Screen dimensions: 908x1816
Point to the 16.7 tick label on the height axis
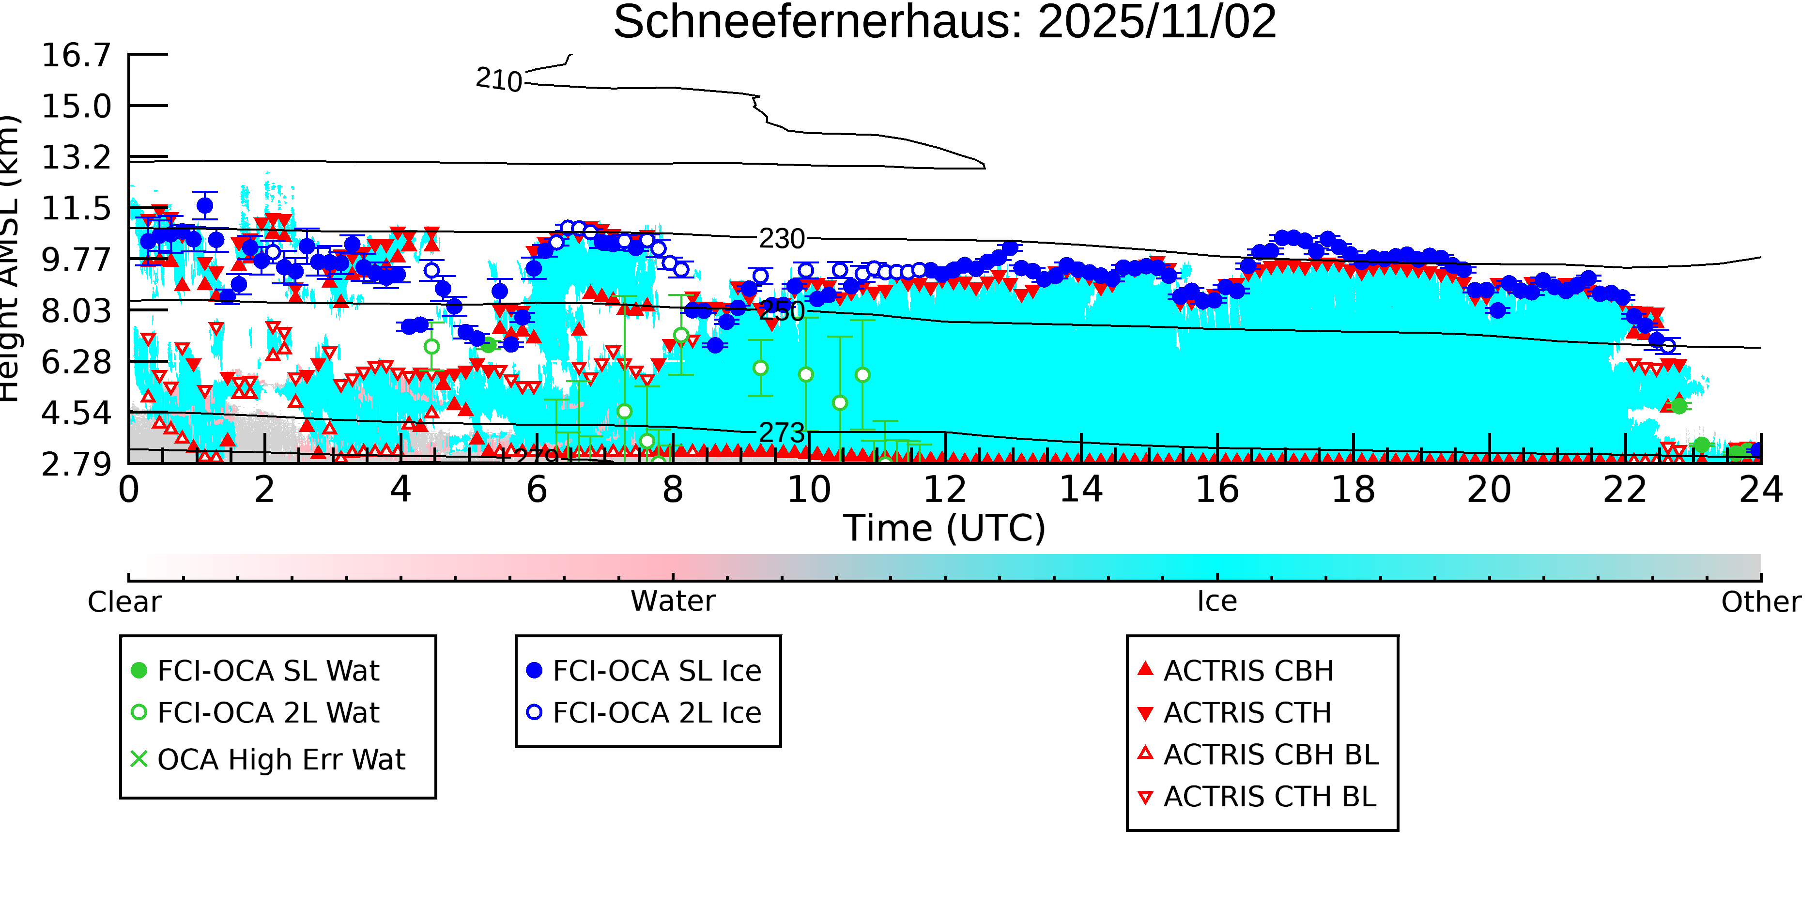click(76, 55)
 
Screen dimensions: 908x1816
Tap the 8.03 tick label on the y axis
click(76, 311)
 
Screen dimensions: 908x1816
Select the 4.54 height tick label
click(76, 413)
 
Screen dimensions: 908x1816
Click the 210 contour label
click(498, 79)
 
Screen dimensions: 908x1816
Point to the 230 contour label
click(781, 239)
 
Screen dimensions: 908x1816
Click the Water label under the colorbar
click(673, 601)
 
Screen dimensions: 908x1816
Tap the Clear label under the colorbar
click(124, 602)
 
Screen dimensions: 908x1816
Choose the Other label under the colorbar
click(1760, 602)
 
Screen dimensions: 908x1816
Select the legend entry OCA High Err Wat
click(280, 760)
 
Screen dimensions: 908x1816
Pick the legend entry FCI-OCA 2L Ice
click(656, 713)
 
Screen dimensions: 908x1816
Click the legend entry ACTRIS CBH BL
click(1270, 755)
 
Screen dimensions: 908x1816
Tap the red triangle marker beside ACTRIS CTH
click(1146, 713)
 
